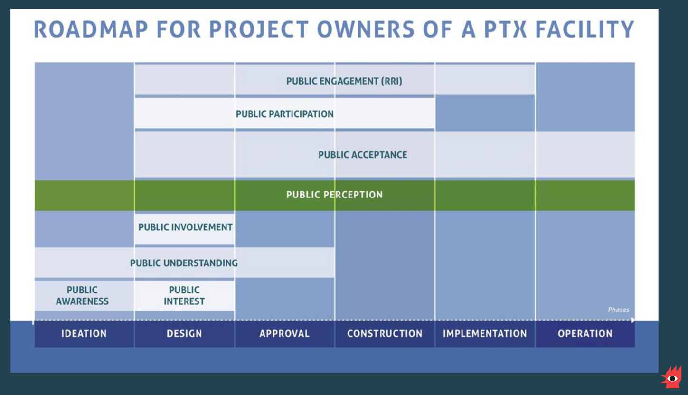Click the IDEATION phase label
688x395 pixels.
pyautogui.click(x=84, y=334)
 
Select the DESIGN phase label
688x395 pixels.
pyautogui.click(x=184, y=334)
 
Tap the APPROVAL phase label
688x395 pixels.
pyautogui.click(x=284, y=334)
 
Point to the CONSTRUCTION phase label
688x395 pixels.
pyautogui.click(x=385, y=334)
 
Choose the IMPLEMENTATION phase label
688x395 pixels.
pyautogui.click(x=485, y=334)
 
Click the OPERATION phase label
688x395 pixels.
pyautogui.click(x=585, y=334)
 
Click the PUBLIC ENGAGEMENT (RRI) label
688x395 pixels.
pyautogui.click(x=344, y=81)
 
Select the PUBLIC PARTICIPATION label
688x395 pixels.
pyautogui.click(x=284, y=114)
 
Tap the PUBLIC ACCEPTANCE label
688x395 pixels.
pyautogui.click(x=363, y=155)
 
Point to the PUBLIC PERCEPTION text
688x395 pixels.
pyautogui.click(x=334, y=195)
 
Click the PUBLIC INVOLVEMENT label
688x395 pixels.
pyautogui.click(x=185, y=227)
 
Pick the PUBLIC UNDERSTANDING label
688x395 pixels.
pyautogui.click(x=184, y=263)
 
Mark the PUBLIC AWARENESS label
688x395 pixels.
pyautogui.click(x=82, y=295)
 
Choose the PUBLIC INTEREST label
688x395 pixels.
pyautogui.click(x=184, y=295)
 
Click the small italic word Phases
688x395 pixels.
pyautogui.click(x=618, y=310)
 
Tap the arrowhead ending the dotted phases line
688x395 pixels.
pyautogui.click(x=633, y=320)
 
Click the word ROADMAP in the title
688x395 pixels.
pyautogui.click(x=91, y=29)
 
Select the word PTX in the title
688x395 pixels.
pyautogui.click(x=506, y=29)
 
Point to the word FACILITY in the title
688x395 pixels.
pyautogui.click(x=585, y=29)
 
